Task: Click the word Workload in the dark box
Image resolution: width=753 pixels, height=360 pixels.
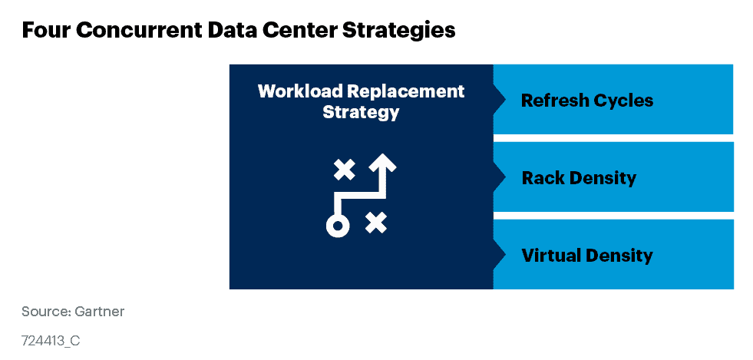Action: tap(299, 91)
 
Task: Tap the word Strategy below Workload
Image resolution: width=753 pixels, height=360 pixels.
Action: tap(361, 112)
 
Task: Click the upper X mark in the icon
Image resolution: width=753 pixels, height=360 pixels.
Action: tap(345, 170)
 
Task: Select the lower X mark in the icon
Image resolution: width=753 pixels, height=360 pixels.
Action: tap(375, 223)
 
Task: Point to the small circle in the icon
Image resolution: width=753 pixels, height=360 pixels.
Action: tap(337, 226)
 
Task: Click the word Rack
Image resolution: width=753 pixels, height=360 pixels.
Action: tap(542, 178)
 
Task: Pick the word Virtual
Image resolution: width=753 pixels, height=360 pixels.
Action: tap(550, 255)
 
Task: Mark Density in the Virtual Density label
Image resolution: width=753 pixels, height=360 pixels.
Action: tap(619, 255)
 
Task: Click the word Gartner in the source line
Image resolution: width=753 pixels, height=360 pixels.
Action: tap(101, 312)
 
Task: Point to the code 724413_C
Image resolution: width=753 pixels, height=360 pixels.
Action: tap(50, 340)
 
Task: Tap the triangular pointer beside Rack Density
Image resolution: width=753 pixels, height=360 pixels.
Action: tap(499, 177)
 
